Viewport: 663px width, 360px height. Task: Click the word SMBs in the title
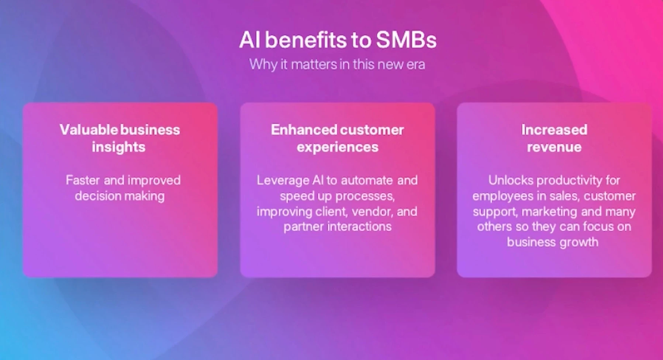pos(406,40)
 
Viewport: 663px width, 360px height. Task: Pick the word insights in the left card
pos(119,147)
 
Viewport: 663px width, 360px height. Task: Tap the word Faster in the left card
pos(83,180)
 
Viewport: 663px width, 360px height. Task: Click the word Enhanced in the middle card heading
pos(304,129)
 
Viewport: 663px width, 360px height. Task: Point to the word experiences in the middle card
pos(338,147)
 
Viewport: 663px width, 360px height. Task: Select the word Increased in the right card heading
pos(554,129)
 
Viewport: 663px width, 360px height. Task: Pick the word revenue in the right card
pos(554,147)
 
